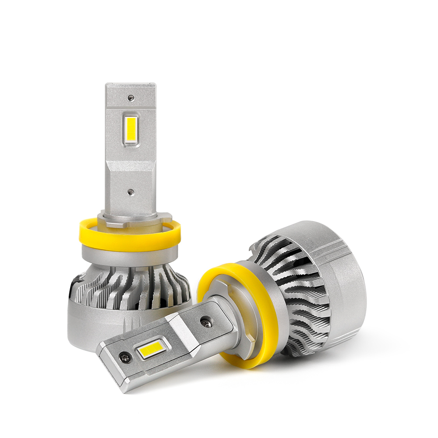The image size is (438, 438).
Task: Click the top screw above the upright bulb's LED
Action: pyautogui.click(x=131, y=98)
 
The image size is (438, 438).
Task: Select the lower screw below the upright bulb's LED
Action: pyautogui.click(x=131, y=192)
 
